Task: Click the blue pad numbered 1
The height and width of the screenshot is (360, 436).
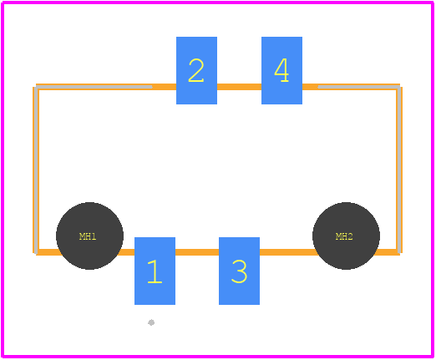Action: click(155, 271)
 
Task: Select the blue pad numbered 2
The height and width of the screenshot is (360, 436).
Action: click(196, 70)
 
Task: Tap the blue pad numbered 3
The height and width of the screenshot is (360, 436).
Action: click(239, 271)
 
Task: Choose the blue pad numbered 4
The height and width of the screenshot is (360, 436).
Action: click(281, 70)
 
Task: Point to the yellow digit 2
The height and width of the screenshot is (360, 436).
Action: click(196, 70)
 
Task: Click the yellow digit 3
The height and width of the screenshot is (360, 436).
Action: click(239, 271)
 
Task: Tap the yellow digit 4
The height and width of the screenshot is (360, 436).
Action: click(281, 70)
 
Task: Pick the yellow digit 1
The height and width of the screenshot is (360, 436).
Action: click(155, 271)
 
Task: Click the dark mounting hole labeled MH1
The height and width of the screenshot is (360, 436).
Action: click(89, 236)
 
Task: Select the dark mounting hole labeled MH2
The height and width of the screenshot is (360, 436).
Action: click(346, 236)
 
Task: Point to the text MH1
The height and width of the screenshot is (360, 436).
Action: click(88, 236)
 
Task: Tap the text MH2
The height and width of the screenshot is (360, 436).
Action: click(344, 236)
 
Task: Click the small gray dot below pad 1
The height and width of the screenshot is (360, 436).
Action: click(151, 322)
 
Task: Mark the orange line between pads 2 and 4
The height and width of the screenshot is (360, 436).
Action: click(239, 87)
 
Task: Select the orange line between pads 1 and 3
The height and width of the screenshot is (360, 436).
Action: click(197, 252)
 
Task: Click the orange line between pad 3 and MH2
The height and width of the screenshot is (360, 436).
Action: click(286, 252)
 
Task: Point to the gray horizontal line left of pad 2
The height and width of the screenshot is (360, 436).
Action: click(94, 87)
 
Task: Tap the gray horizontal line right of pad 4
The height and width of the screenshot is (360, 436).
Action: click(359, 87)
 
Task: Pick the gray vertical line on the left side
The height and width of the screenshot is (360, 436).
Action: click(37, 170)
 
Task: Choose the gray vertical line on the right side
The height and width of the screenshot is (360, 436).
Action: click(399, 170)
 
